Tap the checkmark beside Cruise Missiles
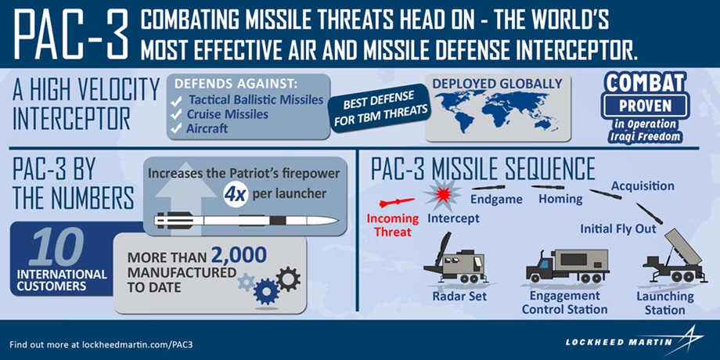pos(176,114)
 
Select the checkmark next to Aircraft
pos(176,129)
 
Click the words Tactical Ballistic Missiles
pos(256,99)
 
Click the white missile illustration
pos(246,220)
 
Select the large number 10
pos(57,247)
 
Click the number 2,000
pos(239,255)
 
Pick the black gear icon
pos(288,279)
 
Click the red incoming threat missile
pos(397,203)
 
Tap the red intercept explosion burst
pos(442,195)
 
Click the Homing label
pos(560,200)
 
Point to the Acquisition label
pos(643,186)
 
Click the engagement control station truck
pos(567,266)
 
